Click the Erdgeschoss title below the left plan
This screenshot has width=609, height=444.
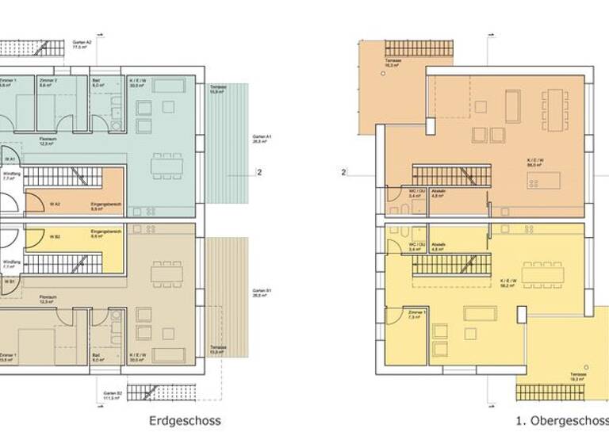coord(184,421)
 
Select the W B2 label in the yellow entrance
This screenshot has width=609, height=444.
coord(55,234)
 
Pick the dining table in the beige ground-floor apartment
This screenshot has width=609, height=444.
coord(167,272)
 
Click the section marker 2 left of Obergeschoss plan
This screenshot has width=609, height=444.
coord(343,171)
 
